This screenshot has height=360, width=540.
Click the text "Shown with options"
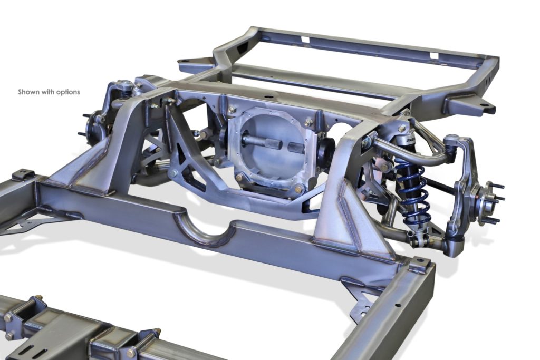(x=49, y=92)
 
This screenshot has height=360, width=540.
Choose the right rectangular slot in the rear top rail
(x=434, y=55)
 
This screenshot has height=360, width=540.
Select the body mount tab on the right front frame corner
(x=419, y=264)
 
